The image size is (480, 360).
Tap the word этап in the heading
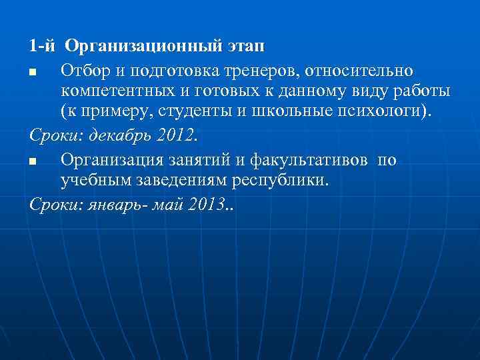coord(245,47)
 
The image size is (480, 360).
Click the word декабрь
coord(121,135)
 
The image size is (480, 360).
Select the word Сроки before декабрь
coord(53,135)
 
